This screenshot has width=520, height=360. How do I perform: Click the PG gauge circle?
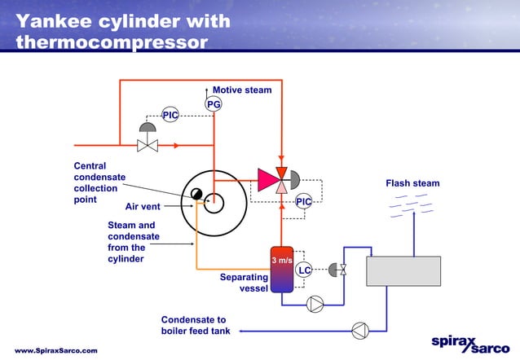pos(214,104)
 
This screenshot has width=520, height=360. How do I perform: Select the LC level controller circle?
pos(303,270)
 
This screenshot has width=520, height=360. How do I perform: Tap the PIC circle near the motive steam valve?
pos(170,116)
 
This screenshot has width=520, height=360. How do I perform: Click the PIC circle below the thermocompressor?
pos(303,201)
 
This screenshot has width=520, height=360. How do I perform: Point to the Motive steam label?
pos(242,90)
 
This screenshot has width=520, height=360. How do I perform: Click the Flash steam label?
pos(412,183)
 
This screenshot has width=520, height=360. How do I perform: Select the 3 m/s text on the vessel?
pos(281,261)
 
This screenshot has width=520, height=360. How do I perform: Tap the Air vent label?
pos(143,206)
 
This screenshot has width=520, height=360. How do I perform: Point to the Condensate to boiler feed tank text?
pos(196,326)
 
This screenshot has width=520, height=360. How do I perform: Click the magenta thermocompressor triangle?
pos(267,178)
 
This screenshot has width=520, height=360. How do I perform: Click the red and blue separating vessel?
pos(281,269)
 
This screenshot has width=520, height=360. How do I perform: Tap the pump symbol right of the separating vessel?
pos(315,305)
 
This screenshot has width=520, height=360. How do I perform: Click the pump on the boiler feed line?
pos(359,330)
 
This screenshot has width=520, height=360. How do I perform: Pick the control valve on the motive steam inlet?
pos(148,146)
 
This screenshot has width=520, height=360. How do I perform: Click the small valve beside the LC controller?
pos(342,270)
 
